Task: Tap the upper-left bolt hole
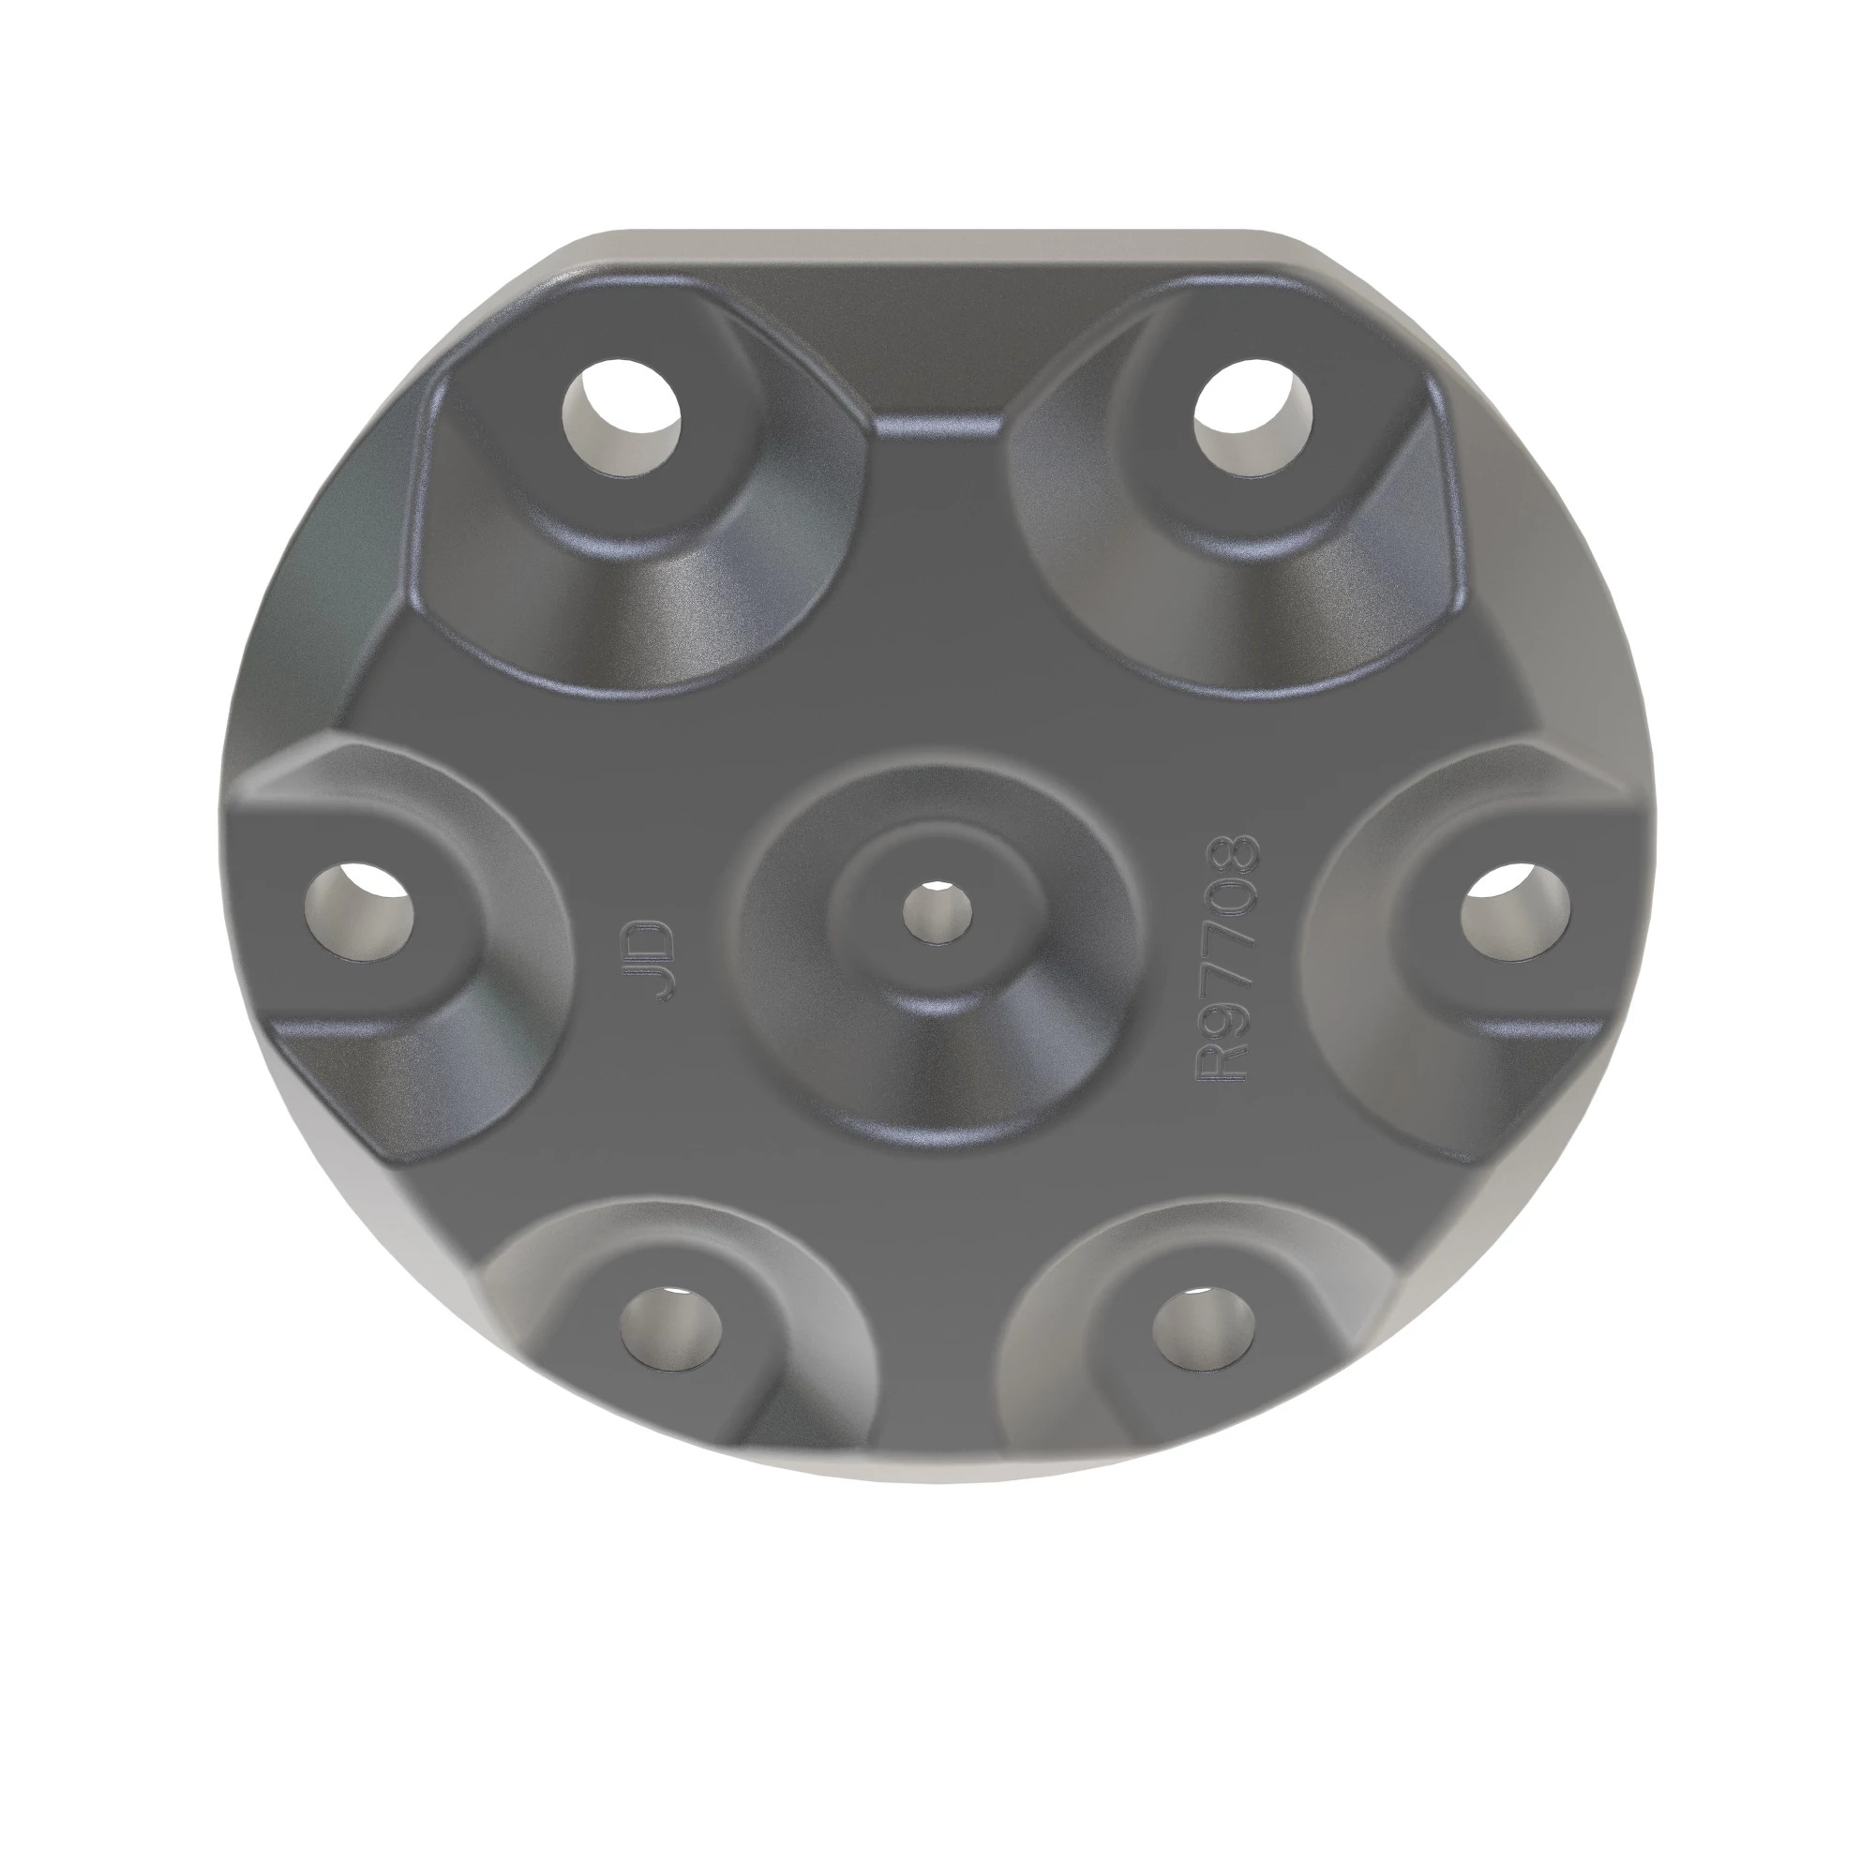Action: click(x=622, y=418)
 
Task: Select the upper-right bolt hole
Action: click(x=1252, y=418)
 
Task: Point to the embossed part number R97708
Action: click(x=1229, y=956)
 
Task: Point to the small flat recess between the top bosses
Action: click(x=937, y=423)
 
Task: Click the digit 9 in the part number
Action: click(x=1229, y=1019)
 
